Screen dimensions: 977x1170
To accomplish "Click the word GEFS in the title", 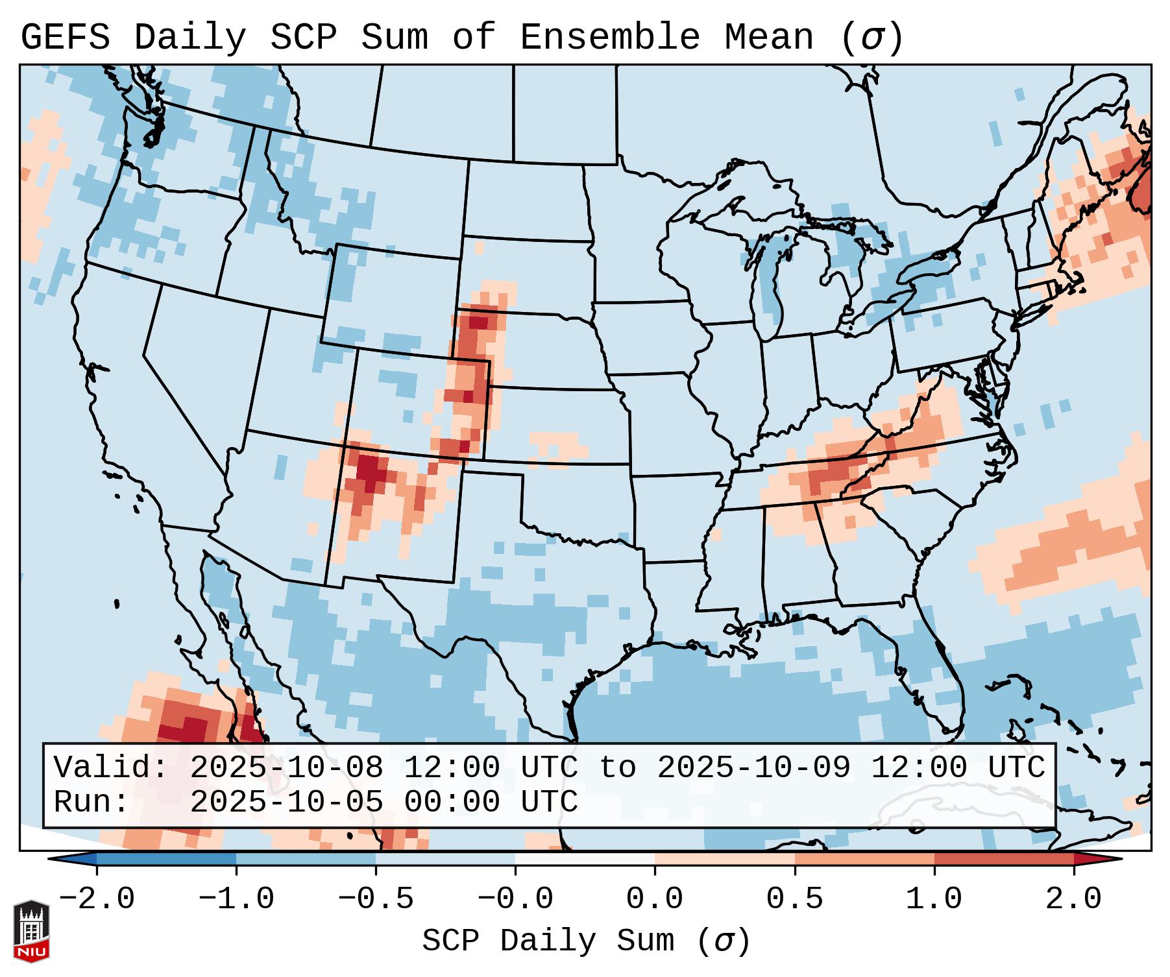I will pos(66,38).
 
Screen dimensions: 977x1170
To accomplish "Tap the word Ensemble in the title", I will pos(609,38).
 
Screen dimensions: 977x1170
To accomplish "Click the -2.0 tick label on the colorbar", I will pos(97,899).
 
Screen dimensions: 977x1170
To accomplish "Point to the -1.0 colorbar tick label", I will pos(236,899).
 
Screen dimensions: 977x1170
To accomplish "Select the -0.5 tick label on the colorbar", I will pos(376,899).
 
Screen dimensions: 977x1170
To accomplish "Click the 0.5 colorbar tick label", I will pos(795,899).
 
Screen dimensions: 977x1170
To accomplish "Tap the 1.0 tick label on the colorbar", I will pos(934,899).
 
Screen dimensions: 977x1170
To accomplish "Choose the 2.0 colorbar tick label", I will pos(1074,899).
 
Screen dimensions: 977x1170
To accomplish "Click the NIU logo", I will pos(31,931).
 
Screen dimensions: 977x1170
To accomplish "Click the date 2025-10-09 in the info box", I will pos(753,767).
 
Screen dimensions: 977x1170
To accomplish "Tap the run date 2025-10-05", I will pos(286,802).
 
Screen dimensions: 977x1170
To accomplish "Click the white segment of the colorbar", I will pos(585,859).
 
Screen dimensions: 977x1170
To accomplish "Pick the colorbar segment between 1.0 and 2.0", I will pos(1004,859).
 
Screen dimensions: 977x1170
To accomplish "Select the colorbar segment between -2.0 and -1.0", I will pos(166,859).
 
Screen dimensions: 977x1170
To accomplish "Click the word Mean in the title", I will pos(769,38).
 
